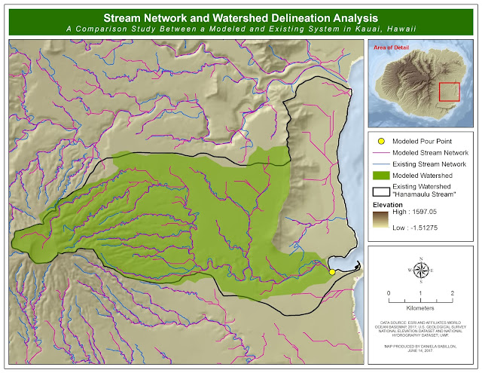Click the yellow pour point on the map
[332, 271]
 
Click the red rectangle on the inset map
[450, 92]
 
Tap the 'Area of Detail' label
[392, 47]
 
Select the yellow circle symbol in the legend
[381, 141]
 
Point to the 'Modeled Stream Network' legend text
[430, 152]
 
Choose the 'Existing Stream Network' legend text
[430, 164]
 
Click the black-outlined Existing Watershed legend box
[381, 188]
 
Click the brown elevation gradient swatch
[381, 225]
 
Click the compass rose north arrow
[421, 268]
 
